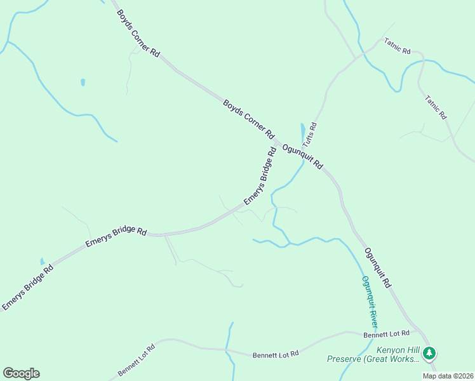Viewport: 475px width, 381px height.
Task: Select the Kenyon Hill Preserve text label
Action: tap(373, 354)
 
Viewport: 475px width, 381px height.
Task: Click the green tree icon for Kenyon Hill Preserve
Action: tap(430, 352)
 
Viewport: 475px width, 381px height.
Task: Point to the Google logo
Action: tap(21, 373)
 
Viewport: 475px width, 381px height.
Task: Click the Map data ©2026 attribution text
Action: tap(447, 376)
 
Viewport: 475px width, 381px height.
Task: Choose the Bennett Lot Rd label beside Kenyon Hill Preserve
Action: tap(387, 334)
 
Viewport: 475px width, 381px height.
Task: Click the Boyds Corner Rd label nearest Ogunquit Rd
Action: tap(248, 119)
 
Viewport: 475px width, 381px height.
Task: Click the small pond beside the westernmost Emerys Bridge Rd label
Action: tap(42, 260)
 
